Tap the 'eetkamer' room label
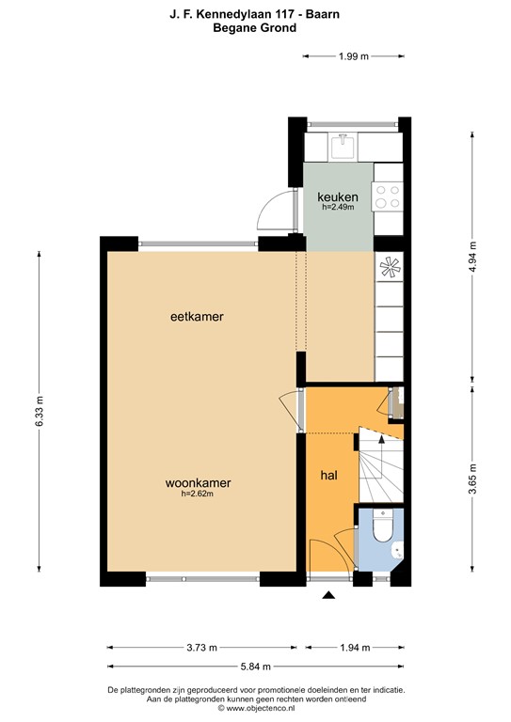[x=197, y=317]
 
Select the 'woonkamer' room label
[x=198, y=483]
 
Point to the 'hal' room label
[x=329, y=475]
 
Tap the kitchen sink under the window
[x=343, y=146]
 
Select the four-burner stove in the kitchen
[x=387, y=196]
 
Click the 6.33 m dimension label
[x=40, y=411]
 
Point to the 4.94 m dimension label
[x=473, y=255]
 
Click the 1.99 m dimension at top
[x=353, y=57]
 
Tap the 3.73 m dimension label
[x=200, y=647]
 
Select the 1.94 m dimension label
[x=354, y=647]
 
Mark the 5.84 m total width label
[x=256, y=667]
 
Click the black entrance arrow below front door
[x=328, y=596]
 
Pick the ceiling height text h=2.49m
[x=338, y=207]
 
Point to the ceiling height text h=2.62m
[x=198, y=494]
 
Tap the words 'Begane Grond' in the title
[x=256, y=28]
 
